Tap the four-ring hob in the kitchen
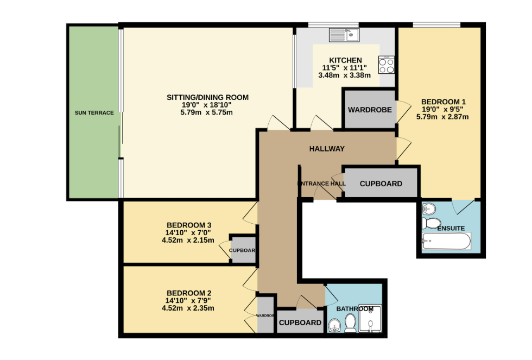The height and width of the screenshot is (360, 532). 387,65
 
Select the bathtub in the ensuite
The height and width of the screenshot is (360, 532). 447,241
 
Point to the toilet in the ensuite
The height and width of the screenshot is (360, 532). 432,223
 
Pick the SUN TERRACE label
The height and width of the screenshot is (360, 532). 94,113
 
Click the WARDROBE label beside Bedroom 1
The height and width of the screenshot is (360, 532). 370,110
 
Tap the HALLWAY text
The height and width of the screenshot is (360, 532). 327,149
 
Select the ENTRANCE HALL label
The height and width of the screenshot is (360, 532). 321,184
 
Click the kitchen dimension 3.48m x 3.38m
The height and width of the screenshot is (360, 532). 344,75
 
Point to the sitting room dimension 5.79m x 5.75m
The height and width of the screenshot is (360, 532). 207,112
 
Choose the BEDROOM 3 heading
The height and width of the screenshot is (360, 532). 188,225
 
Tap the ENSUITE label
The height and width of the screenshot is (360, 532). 451,228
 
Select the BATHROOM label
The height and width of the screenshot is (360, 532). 354,309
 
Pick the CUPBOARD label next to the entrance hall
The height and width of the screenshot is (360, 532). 381,184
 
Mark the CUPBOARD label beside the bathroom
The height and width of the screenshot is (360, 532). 300,323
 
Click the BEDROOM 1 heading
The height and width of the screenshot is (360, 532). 444,102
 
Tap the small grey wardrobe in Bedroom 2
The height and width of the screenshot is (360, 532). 265,315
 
